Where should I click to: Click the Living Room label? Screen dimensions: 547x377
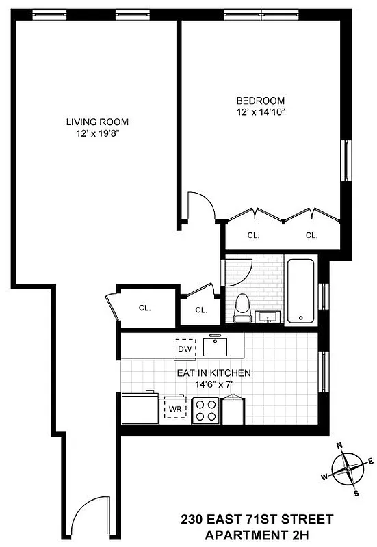[97, 122]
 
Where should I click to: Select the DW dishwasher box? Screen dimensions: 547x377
[183, 349]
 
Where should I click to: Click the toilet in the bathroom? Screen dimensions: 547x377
[242, 308]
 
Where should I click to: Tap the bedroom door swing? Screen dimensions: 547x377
[202, 206]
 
